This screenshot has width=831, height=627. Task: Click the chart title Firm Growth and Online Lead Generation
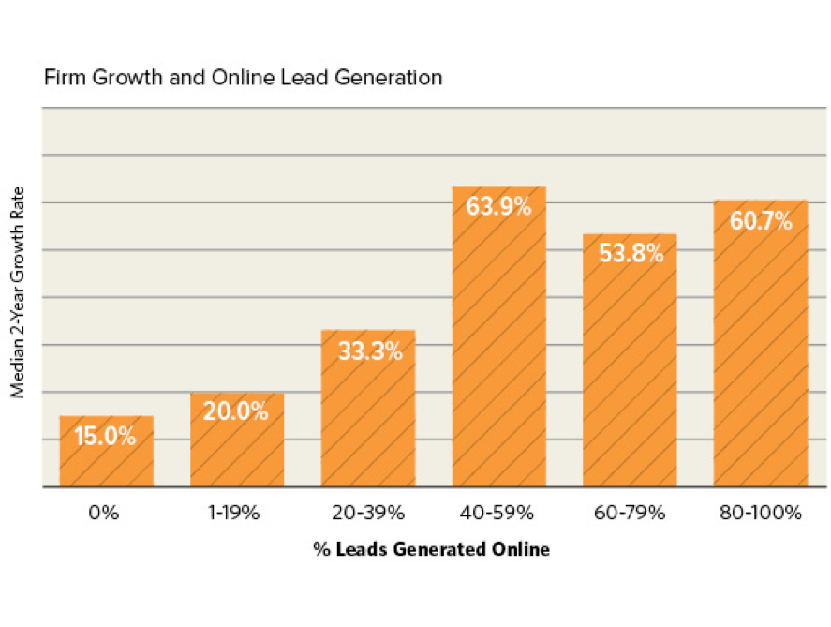click(243, 78)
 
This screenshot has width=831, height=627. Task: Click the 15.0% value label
click(106, 436)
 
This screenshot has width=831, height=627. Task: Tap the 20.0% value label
click(236, 411)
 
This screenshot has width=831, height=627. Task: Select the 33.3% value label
click(367, 351)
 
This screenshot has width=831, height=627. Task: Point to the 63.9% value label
click(498, 206)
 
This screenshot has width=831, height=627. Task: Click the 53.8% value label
click(630, 253)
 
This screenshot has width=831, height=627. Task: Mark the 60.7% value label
click(761, 221)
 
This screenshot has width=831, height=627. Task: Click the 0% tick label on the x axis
click(106, 513)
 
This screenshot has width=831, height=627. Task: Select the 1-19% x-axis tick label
click(236, 513)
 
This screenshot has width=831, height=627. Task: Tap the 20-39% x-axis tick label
click(367, 513)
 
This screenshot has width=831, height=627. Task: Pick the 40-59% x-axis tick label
click(498, 513)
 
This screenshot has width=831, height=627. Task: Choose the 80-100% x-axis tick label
click(761, 513)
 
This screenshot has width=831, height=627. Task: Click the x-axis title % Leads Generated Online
click(432, 550)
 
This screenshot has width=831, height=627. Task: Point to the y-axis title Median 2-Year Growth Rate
click(18, 298)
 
